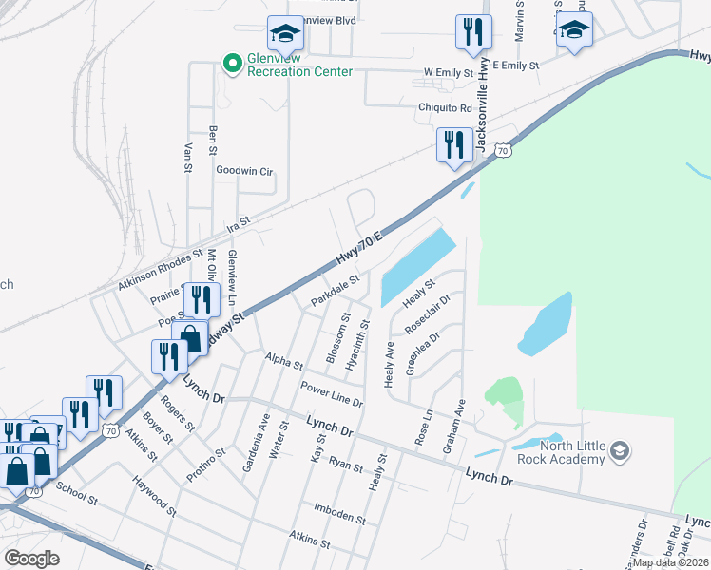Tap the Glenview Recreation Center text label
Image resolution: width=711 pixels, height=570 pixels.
[x=299, y=65]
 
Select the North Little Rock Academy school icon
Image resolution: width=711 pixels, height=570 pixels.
[x=620, y=449]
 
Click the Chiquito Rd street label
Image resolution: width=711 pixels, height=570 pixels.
[x=446, y=107]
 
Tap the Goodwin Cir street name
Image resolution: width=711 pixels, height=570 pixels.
[x=244, y=171]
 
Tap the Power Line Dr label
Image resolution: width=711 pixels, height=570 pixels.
[x=332, y=394]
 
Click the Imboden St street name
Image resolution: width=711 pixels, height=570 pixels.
[x=340, y=519]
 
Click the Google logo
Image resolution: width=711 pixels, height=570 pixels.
[x=31, y=559]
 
